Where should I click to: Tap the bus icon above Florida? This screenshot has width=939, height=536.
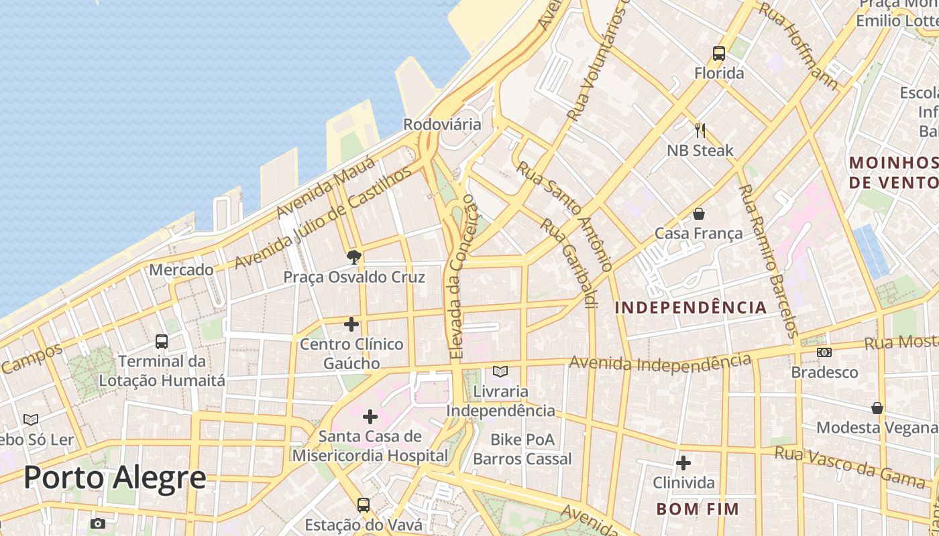(719, 54)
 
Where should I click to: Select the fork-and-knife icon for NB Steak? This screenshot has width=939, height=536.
(700, 130)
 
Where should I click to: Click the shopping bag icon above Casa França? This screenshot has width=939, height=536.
(699, 214)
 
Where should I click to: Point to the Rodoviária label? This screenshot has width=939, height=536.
(442, 125)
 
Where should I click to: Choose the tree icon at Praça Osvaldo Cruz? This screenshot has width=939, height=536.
(354, 257)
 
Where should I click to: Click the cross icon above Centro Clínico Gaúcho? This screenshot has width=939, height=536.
(351, 325)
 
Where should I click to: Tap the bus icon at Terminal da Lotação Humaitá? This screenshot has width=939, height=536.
(162, 341)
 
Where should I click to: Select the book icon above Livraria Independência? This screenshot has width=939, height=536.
(500, 371)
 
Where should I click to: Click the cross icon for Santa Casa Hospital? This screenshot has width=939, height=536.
(370, 417)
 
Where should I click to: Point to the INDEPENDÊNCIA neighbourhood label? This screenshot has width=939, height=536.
(691, 308)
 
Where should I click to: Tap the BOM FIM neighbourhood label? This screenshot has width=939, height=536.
(698, 509)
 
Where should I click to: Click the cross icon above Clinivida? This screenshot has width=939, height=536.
(683, 463)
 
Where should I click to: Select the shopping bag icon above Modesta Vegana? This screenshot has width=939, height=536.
(877, 407)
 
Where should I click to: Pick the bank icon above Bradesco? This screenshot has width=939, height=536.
(824, 352)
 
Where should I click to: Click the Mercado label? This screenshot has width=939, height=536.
(181, 270)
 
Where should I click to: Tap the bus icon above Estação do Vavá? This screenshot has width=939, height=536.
(363, 505)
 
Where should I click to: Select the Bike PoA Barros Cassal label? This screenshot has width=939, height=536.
(522, 450)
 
